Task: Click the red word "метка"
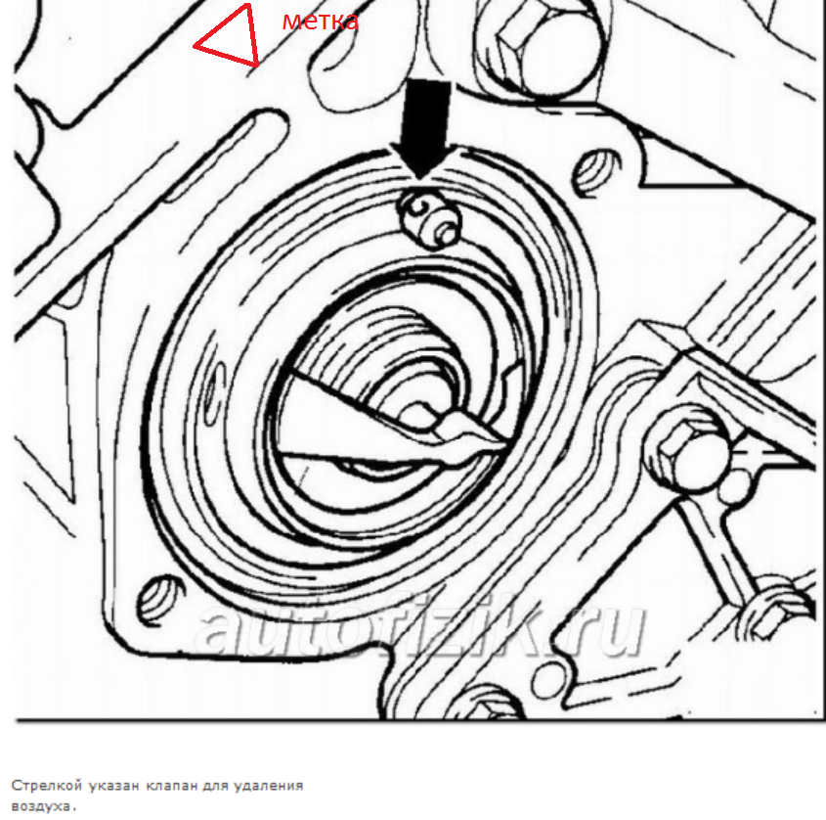point(321,22)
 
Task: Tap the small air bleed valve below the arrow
point(430,218)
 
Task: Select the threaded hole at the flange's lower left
point(160,599)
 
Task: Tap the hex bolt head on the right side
point(687,448)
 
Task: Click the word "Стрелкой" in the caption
point(47,785)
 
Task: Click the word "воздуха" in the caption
point(42,806)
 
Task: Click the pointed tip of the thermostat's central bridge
point(504,442)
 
